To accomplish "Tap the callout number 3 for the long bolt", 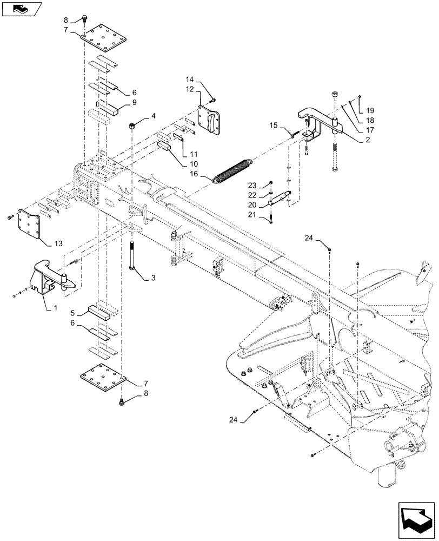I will pos(153,278).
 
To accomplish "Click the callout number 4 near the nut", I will pos(154,116).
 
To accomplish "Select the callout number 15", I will pos(274,126).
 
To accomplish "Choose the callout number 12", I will pos(190,89).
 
